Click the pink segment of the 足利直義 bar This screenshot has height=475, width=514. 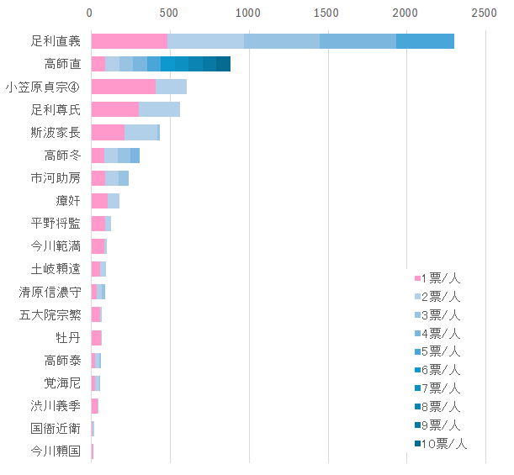(129, 41)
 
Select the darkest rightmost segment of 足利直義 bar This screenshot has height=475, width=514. (425, 41)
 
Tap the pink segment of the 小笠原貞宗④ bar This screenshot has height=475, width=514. (123, 87)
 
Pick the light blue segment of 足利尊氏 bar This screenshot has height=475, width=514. (159, 109)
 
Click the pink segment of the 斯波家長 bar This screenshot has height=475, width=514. (107, 132)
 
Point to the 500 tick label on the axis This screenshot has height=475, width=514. (168, 13)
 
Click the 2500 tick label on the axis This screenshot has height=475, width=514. (484, 13)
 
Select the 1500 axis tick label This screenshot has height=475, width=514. (326, 13)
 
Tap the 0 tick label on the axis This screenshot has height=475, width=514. (91, 13)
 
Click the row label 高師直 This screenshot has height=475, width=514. (62, 64)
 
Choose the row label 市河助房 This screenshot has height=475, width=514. (56, 177)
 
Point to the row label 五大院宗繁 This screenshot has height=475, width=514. (50, 314)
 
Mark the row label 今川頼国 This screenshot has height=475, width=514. (56, 451)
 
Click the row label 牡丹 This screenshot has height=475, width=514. (68, 337)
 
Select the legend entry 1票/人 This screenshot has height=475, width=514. (437, 278)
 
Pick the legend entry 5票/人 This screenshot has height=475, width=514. (437, 351)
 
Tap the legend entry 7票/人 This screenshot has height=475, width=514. (437, 388)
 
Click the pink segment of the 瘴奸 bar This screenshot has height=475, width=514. (98, 200)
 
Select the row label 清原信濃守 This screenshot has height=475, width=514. (50, 292)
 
